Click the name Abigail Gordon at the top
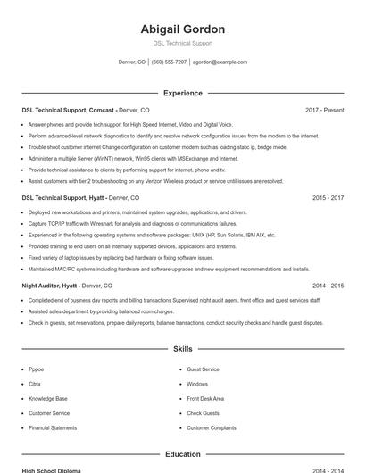[182, 29]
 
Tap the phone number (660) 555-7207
[169, 62]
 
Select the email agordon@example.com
[220, 62]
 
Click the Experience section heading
[182, 93]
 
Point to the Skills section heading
[182, 349]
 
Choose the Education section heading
[182, 454]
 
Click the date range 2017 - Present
[324, 110]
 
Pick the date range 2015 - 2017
[328, 197]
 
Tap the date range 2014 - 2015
[328, 286]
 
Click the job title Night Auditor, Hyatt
[50, 286]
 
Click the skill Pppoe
[36, 369]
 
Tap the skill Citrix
[35, 384]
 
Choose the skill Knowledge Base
[47, 398]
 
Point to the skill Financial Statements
[53, 427]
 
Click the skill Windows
[197, 384]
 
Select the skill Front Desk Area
[205, 398]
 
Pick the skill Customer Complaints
[212, 427]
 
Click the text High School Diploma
[51, 470]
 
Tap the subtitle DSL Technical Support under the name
[182, 43]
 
